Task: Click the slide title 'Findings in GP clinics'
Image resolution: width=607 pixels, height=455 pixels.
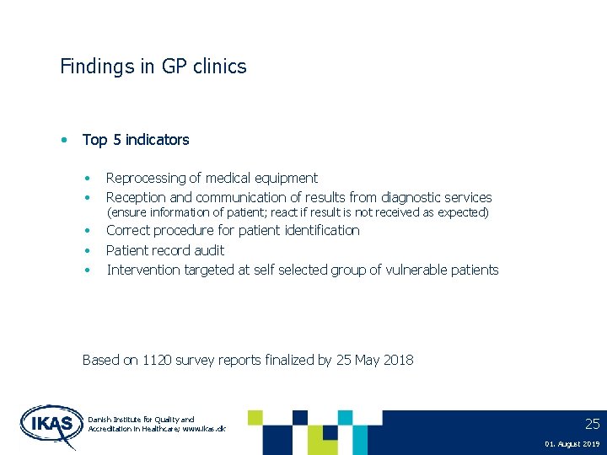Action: (153, 67)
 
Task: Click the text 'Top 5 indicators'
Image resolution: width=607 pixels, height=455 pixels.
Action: (136, 140)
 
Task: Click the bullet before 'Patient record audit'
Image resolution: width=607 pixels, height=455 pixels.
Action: (88, 250)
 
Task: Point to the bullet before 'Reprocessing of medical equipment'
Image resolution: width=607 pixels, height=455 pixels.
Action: (88, 179)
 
